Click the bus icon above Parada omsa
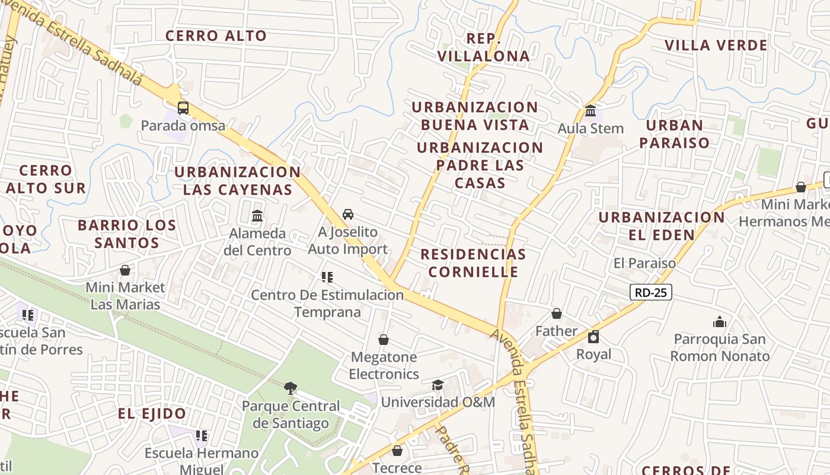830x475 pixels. pyautogui.click(x=183, y=108)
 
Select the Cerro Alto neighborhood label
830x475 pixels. pyautogui.click(x=216, y=36)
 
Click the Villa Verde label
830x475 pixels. pyautogui.click(x=716, y=45)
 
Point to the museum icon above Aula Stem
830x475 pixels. pyautogui.click(x=590, y=111)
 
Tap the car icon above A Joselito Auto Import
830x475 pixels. pyautogui.click(x=348, y=214)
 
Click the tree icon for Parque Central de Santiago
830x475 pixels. pyautogui.click(x=290, y=388)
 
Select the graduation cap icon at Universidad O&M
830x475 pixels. pyautogui.click(x=438, y=385)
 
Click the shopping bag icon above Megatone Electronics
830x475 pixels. pyautogui.click(x=384, y=340)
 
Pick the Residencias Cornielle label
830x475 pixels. pyautogui.click(x=473, y=263)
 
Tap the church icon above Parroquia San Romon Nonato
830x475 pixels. pyautogui.click(x=720, y=322)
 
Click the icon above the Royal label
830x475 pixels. pyautogui.click(x=593, y=337)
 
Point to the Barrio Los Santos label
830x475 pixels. pyautogui.click(x=127, y=234)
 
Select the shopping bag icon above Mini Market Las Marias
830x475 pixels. pyautogui.click(x=125, y=270)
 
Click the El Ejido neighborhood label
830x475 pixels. pyautogui.click(x=152, y=414)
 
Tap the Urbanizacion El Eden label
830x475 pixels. pyautogui.click(x=661, y=226)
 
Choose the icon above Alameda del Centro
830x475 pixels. pyautogui.click(x=257, y=216)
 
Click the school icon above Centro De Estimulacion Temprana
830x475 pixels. pyautogui.click(x=327, y=277)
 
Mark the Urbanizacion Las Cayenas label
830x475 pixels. pyautogui.click(x=237, y=180)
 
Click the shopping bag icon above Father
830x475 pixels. pyautogui.click(x=556, y=313)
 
